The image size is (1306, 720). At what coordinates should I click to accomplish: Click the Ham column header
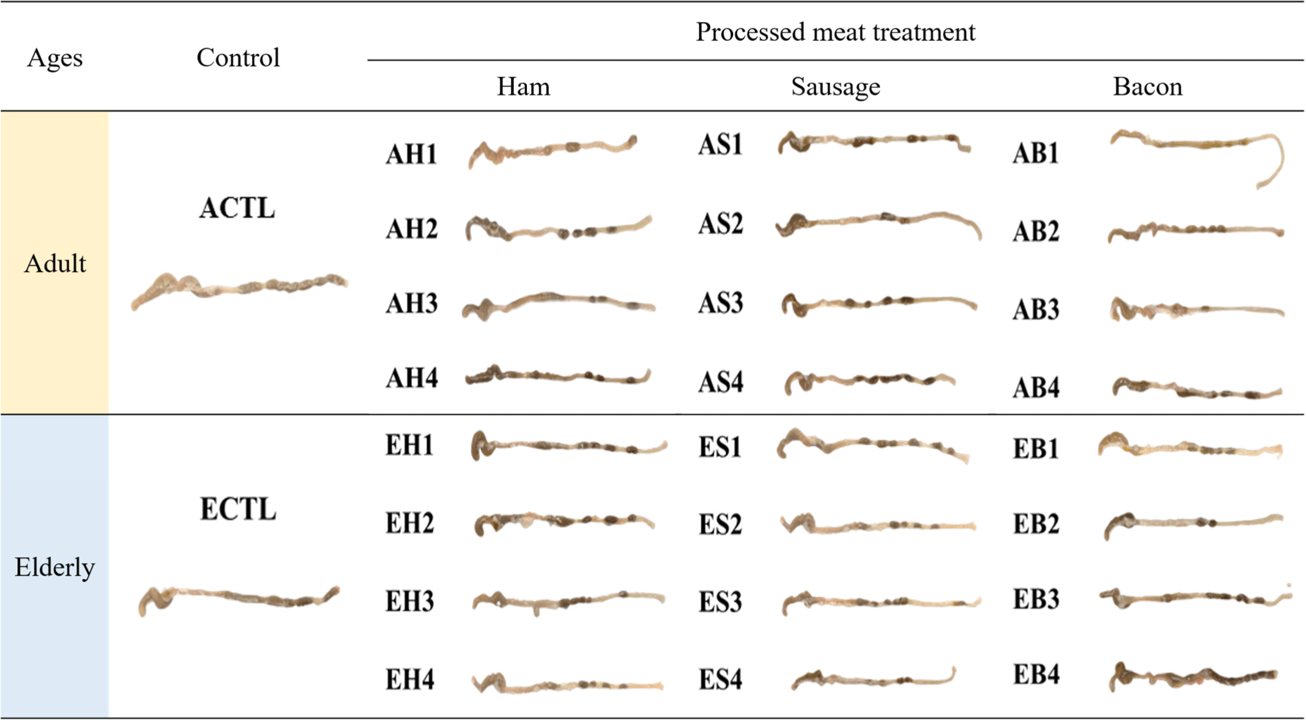click(523, 86)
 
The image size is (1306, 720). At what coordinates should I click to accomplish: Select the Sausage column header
click(835, 86)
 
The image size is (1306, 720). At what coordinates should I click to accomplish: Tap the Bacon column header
click(1147, 86)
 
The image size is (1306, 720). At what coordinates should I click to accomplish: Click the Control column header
click(238, 58)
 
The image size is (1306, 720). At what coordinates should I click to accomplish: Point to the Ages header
click(55, 58)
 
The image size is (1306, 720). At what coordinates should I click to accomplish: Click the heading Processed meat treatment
click(835, 32)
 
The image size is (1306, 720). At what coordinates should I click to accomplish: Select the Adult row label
click(55, 264)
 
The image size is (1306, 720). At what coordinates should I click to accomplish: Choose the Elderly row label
click(55, 567)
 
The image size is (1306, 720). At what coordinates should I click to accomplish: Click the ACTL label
click(237, 208)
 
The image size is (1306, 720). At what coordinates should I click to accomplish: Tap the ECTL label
click(238, 510)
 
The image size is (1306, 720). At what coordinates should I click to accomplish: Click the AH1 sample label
click(411, 154)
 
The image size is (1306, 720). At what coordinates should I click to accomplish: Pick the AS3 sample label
click(720, 304)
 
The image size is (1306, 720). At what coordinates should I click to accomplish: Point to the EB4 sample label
click(1036, 675)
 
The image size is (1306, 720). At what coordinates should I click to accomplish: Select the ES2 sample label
click(720, 525)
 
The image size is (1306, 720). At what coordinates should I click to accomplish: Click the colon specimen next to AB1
click(1192, 144)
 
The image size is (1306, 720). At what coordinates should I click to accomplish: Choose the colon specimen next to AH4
click(559, 376)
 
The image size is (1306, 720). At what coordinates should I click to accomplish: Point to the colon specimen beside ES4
click(869, 680)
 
